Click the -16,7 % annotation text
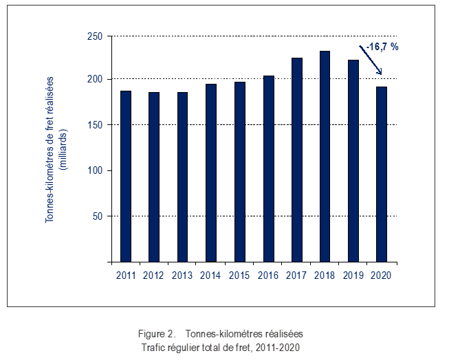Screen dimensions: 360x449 click(x=383, y=47)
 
